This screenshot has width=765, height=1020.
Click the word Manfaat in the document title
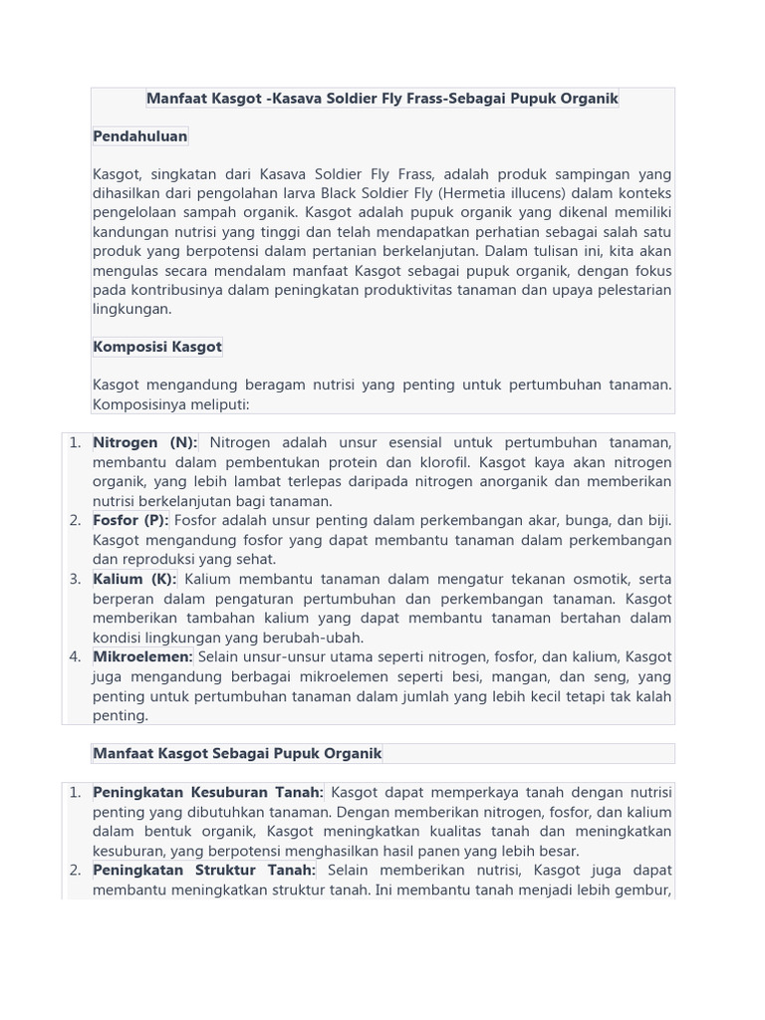177,99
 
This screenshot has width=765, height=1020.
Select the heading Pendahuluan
140,136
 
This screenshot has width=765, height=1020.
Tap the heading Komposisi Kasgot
157,348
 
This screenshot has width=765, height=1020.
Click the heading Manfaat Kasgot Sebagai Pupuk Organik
237,754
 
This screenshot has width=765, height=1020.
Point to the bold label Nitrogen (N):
145,443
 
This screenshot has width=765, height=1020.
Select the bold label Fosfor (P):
130,521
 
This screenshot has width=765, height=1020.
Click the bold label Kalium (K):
134,580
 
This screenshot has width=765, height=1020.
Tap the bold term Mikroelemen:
142,657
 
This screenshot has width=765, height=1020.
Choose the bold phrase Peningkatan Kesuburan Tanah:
208,793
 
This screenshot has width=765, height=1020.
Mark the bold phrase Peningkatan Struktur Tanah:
204,871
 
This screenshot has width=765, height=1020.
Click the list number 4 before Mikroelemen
76,657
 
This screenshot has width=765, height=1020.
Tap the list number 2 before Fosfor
76,521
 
